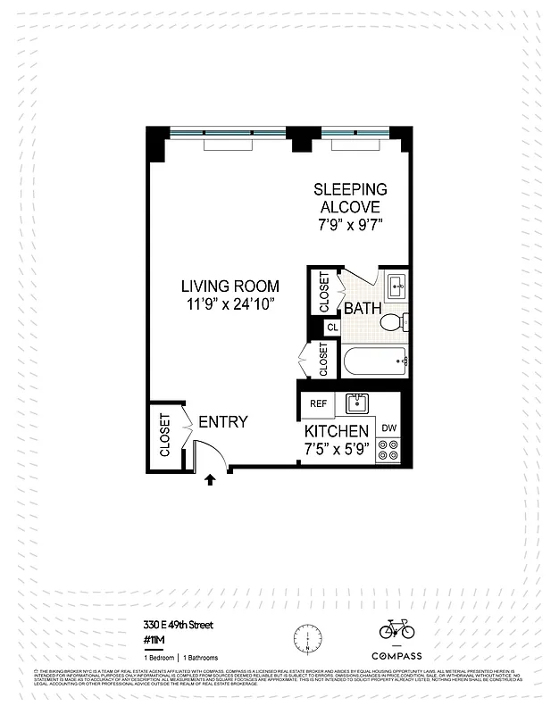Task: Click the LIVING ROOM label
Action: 229,286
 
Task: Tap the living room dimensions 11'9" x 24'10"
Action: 229,304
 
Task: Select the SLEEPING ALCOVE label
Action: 350,198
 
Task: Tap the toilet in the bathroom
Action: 392,323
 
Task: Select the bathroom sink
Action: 396,286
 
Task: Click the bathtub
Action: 374,361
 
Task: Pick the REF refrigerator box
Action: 318,403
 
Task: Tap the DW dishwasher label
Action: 389,428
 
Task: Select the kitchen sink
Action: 358,403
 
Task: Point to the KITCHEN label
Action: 337,431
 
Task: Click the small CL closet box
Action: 332,328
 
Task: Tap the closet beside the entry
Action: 165,435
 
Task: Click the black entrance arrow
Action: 210,479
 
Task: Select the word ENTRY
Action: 222,422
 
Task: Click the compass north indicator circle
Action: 306,638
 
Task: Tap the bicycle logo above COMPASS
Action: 396,630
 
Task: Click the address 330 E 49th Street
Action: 178,625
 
